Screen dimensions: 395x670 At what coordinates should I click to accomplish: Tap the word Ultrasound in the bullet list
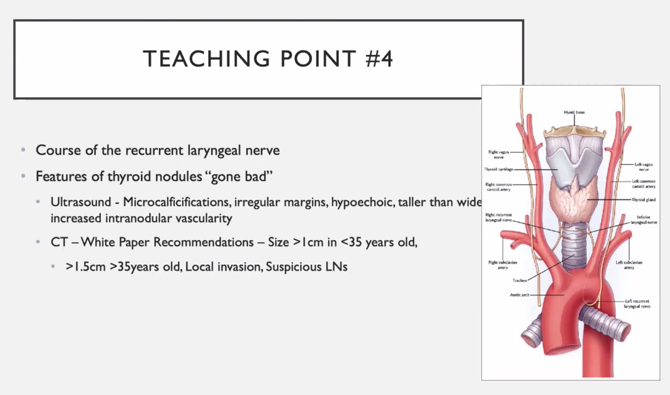(79, 202)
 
